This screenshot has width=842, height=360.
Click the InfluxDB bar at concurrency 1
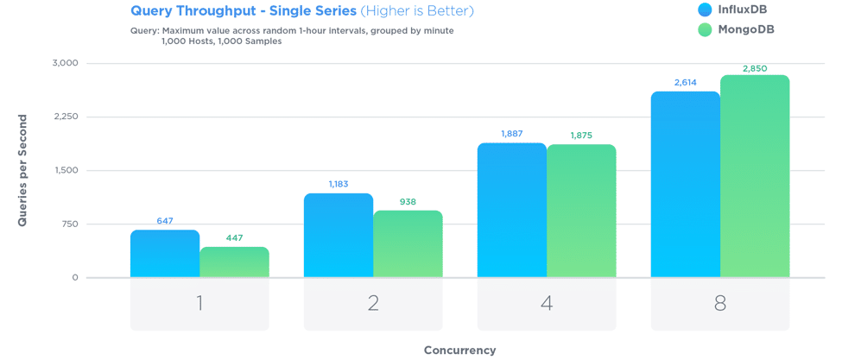(x=165, y=254)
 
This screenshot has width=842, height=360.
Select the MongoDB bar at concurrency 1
(x=234, y=262)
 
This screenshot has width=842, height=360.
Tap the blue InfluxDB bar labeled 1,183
(x=339, y=236)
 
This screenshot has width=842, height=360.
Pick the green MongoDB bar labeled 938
(x=408, y=244)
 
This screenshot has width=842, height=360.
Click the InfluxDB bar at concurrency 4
(x=512, y=211)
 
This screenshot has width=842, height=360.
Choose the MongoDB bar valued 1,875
(x=581, y=212)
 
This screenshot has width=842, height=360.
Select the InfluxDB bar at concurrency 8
(x=686, y=185)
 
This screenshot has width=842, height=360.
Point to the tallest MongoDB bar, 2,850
(x=755, y=176)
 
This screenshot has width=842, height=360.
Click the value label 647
(x=165, y=221)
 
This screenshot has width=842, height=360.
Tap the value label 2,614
(x=685, y=83)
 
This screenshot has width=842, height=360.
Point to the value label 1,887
(x=512, y=134)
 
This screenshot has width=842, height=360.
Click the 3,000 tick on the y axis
(x=65, y=63)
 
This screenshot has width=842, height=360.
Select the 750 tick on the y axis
(x=69, y=224)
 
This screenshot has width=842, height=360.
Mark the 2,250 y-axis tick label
(x=65, y=117)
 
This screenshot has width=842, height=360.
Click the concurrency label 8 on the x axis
(x=720, y=304)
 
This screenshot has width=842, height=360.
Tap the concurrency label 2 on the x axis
(x=373, y=304)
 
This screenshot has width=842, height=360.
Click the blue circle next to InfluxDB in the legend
(x=705, y=10)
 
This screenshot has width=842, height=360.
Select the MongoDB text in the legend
(x=746, y=29)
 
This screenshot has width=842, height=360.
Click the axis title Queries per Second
(x=22, y=170)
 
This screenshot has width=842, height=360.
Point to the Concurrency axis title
(x=459, y=350)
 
